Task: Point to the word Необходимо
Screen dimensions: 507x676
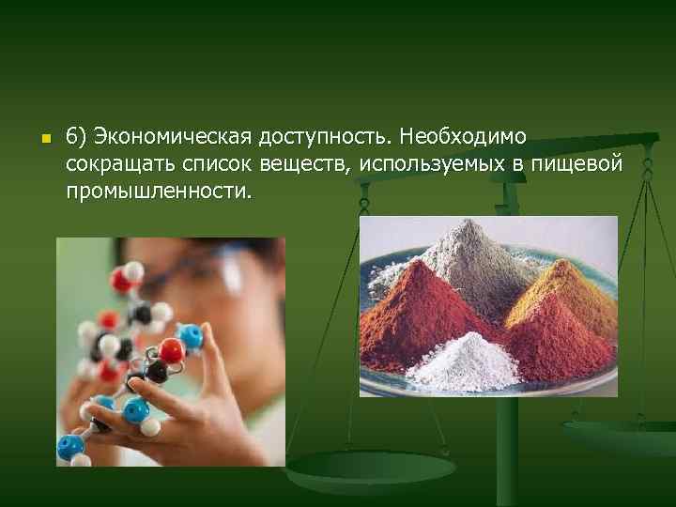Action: click(462, 138)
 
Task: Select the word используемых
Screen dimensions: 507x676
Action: click(428, 164)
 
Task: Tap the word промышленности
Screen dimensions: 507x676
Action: click(159, 191)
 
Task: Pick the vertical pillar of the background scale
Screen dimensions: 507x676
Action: click(507, 451)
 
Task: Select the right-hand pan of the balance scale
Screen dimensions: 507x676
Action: click(620, 437)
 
